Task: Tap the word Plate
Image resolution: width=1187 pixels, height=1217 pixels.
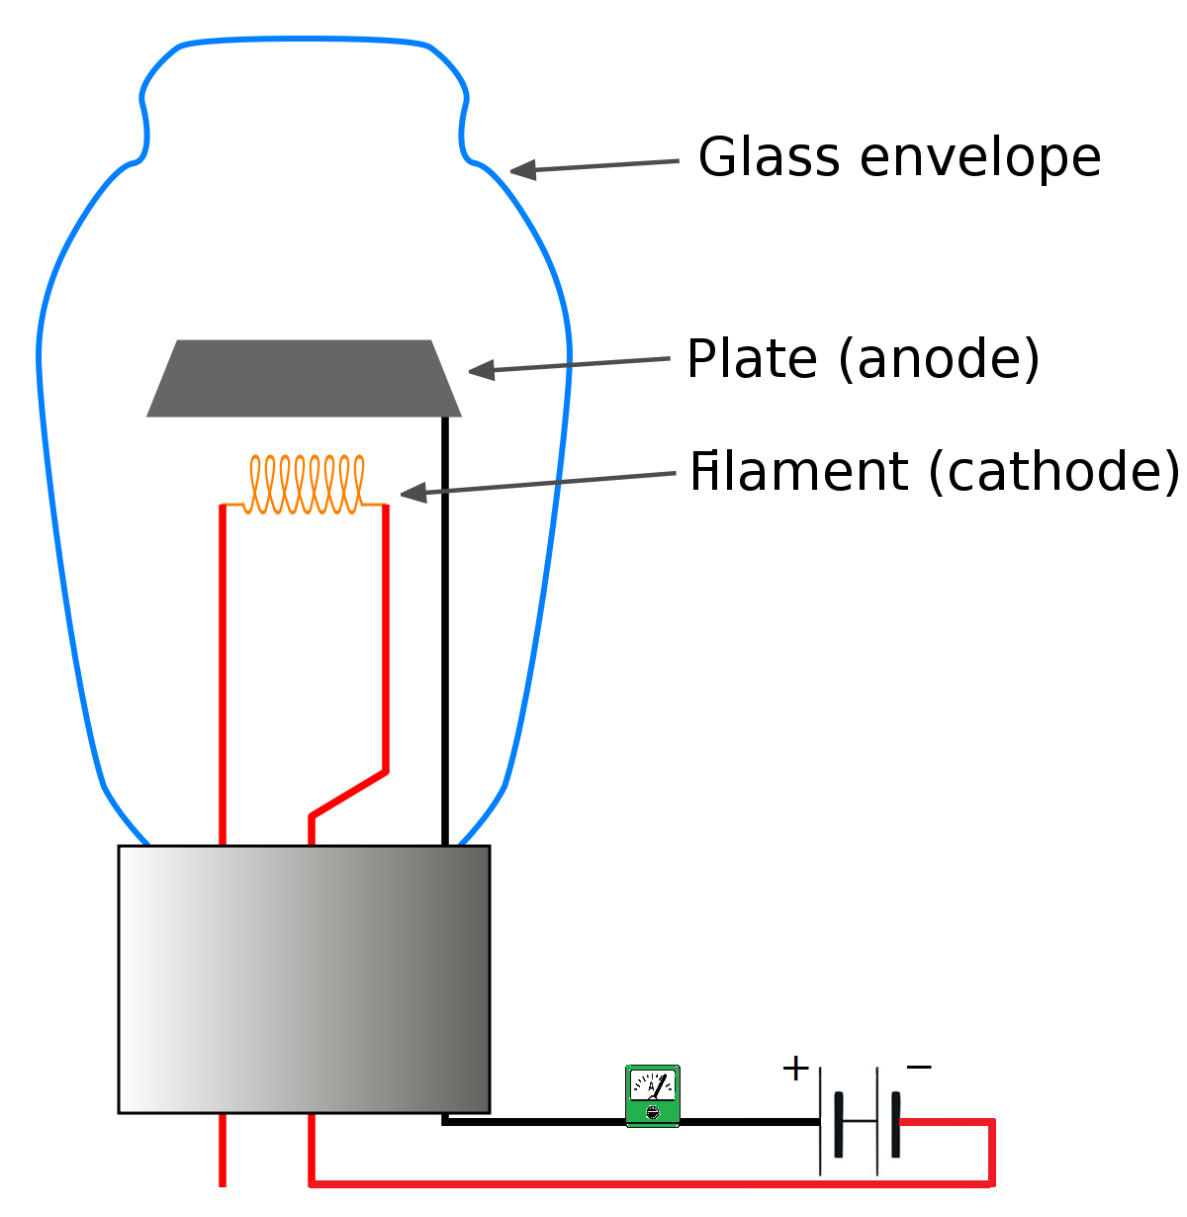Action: (753, 358)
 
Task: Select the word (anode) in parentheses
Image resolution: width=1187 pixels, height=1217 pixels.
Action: (939, 358)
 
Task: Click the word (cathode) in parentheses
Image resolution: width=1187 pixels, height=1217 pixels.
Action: (1053, 472)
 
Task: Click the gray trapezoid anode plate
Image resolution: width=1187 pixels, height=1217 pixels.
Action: (304, 379)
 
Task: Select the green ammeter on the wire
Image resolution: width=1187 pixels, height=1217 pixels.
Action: (653, 1096)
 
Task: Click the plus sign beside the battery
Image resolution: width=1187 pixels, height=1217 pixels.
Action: (795, 1069)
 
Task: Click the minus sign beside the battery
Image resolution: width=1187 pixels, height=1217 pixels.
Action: (919, 1067)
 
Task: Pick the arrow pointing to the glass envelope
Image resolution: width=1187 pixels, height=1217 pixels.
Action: (593, 166)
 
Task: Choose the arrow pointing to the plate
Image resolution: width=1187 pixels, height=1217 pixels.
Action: (569, 365)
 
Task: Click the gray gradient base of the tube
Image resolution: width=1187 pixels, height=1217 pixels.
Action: (304, 980)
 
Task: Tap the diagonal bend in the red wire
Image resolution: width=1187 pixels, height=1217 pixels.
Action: (348, 794)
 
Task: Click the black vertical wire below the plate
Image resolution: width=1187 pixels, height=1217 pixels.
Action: (445, 633)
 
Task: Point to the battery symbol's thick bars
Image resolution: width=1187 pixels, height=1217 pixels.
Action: (867, 1124)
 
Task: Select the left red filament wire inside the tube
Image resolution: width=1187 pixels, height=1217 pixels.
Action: (223, 673)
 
